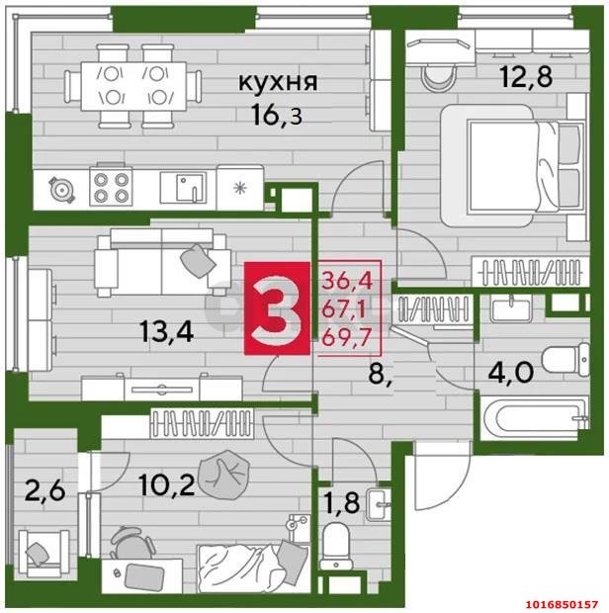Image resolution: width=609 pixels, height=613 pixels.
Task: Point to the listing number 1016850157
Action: click(557, 602)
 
